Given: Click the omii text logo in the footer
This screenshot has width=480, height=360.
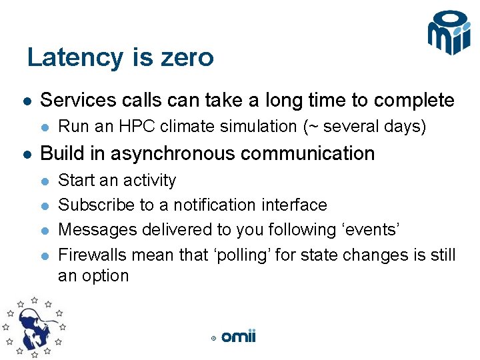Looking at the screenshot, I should point(239,337).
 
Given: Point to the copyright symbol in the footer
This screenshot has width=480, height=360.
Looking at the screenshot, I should point(213,339).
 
